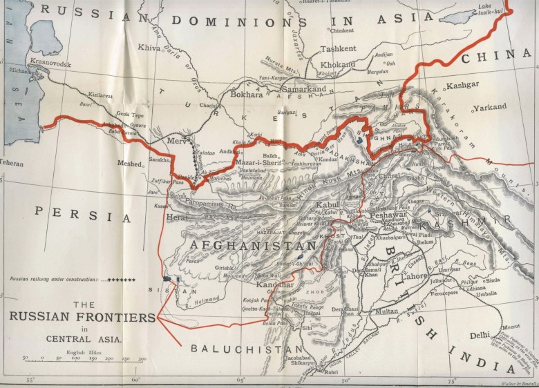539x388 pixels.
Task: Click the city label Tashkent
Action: point(338,49)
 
